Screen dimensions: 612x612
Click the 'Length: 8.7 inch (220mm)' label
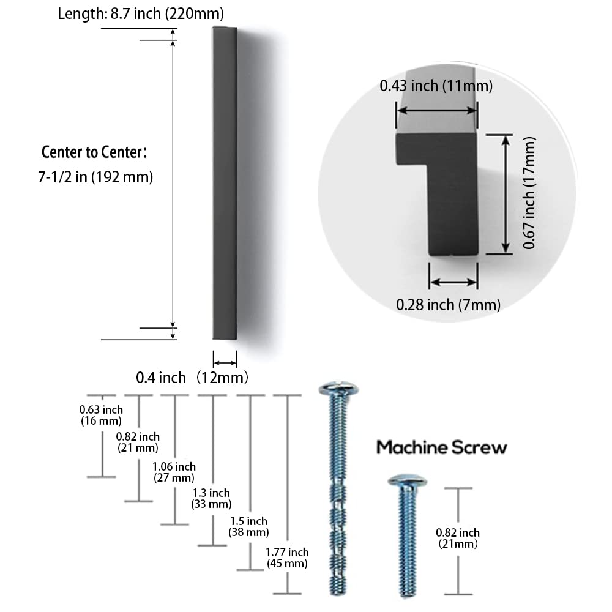(x=141, y=13)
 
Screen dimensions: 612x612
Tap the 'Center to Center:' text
(x=94, y=152)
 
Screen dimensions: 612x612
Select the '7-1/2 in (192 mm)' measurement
(x=95, y=177)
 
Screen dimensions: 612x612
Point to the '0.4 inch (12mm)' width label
(x=192, y=378)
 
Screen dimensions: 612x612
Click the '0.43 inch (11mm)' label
(x=436, y=86)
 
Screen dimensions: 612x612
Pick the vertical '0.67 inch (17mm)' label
(x=529, y=193)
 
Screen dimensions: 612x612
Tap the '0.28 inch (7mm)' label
(x=448, y=305)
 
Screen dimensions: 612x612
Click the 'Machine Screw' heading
(x=441, y=447)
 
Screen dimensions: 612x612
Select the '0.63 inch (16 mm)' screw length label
(x=101, y=416)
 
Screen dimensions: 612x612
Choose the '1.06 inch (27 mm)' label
(x=174, y=472)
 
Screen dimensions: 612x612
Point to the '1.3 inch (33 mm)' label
(x=212, y=498)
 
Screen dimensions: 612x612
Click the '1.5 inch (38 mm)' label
(x=248, y=526)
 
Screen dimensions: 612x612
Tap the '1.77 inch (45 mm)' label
(x=287, y=558)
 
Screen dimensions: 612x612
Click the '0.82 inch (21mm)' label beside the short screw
(x=458, y=538)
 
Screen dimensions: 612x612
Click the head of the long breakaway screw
(x=338, y=389)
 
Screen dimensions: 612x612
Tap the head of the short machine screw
(x=407, y=480)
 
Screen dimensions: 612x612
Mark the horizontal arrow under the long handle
(x=225, y=363)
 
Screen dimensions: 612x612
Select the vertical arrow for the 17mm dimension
(x=506, y=194)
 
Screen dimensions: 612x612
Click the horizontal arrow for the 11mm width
(x=437, y=111)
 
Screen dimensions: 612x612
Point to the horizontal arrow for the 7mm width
(x=453, y=282)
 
